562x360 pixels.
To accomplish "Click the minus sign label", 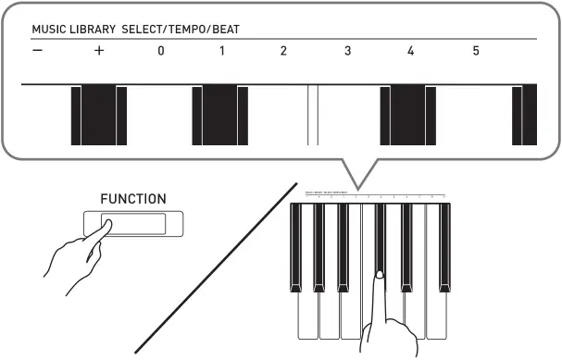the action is click(36, 51).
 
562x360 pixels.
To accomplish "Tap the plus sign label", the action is click(98, 51).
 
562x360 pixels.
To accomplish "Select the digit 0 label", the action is click(160, 51).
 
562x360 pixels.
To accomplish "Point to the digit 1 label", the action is click(222, 51).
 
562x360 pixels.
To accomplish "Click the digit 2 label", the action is click(284, 51).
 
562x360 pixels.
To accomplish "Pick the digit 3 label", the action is click(347, 51).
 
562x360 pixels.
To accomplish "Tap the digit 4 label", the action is click(410, 51).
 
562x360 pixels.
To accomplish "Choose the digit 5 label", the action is click(476, 51).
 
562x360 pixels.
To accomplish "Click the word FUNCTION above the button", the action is click(133, 199).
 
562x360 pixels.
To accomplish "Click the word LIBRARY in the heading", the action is click(94, 30).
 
